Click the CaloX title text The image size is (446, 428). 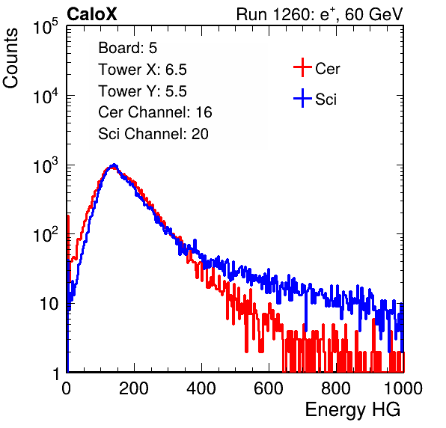(x=92, y=14)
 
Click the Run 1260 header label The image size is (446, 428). (x=320, y=14)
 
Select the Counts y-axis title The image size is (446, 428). (x=10, y=58)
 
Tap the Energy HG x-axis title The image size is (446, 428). (x=352, y=410)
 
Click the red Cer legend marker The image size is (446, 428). (x=302, y=67)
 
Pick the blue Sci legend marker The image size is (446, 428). (x=302, y=99)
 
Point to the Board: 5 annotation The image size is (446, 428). (x=127, y=48)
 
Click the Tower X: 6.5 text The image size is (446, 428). (x=142, y=70)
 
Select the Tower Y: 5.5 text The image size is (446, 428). (x=142, y=91)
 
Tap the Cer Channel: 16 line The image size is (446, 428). (x=155, y=112)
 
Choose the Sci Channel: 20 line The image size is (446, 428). (x=153, y=134)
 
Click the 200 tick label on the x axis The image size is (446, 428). (x=134, y=388)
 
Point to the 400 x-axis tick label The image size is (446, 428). (x=201, y=388)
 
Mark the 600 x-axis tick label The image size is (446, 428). (x=269, y=388)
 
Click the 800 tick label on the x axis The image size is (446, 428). (x=336, y=388)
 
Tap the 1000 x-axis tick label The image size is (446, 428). (x=403, y=388)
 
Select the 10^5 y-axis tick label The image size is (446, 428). (x=45, y=27)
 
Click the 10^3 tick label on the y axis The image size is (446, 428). (x=45, y=165)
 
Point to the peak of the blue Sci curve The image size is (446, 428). (x=114, y=165)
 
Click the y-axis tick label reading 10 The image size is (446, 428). (x=49, y=304)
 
